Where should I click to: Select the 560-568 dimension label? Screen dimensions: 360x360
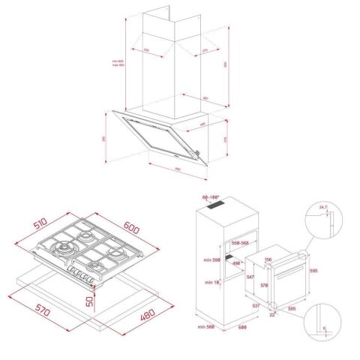coord(240,243)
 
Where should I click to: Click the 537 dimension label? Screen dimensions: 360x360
coord(256,306)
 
